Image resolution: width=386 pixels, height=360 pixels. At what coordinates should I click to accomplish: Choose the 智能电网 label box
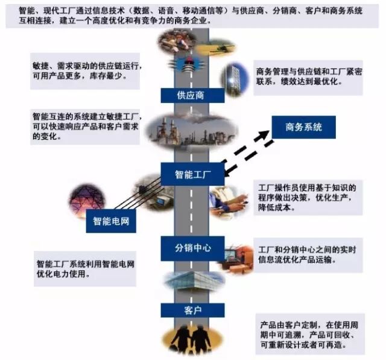point(111,221)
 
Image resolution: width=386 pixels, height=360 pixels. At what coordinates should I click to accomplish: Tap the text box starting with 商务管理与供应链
point(308,78)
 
